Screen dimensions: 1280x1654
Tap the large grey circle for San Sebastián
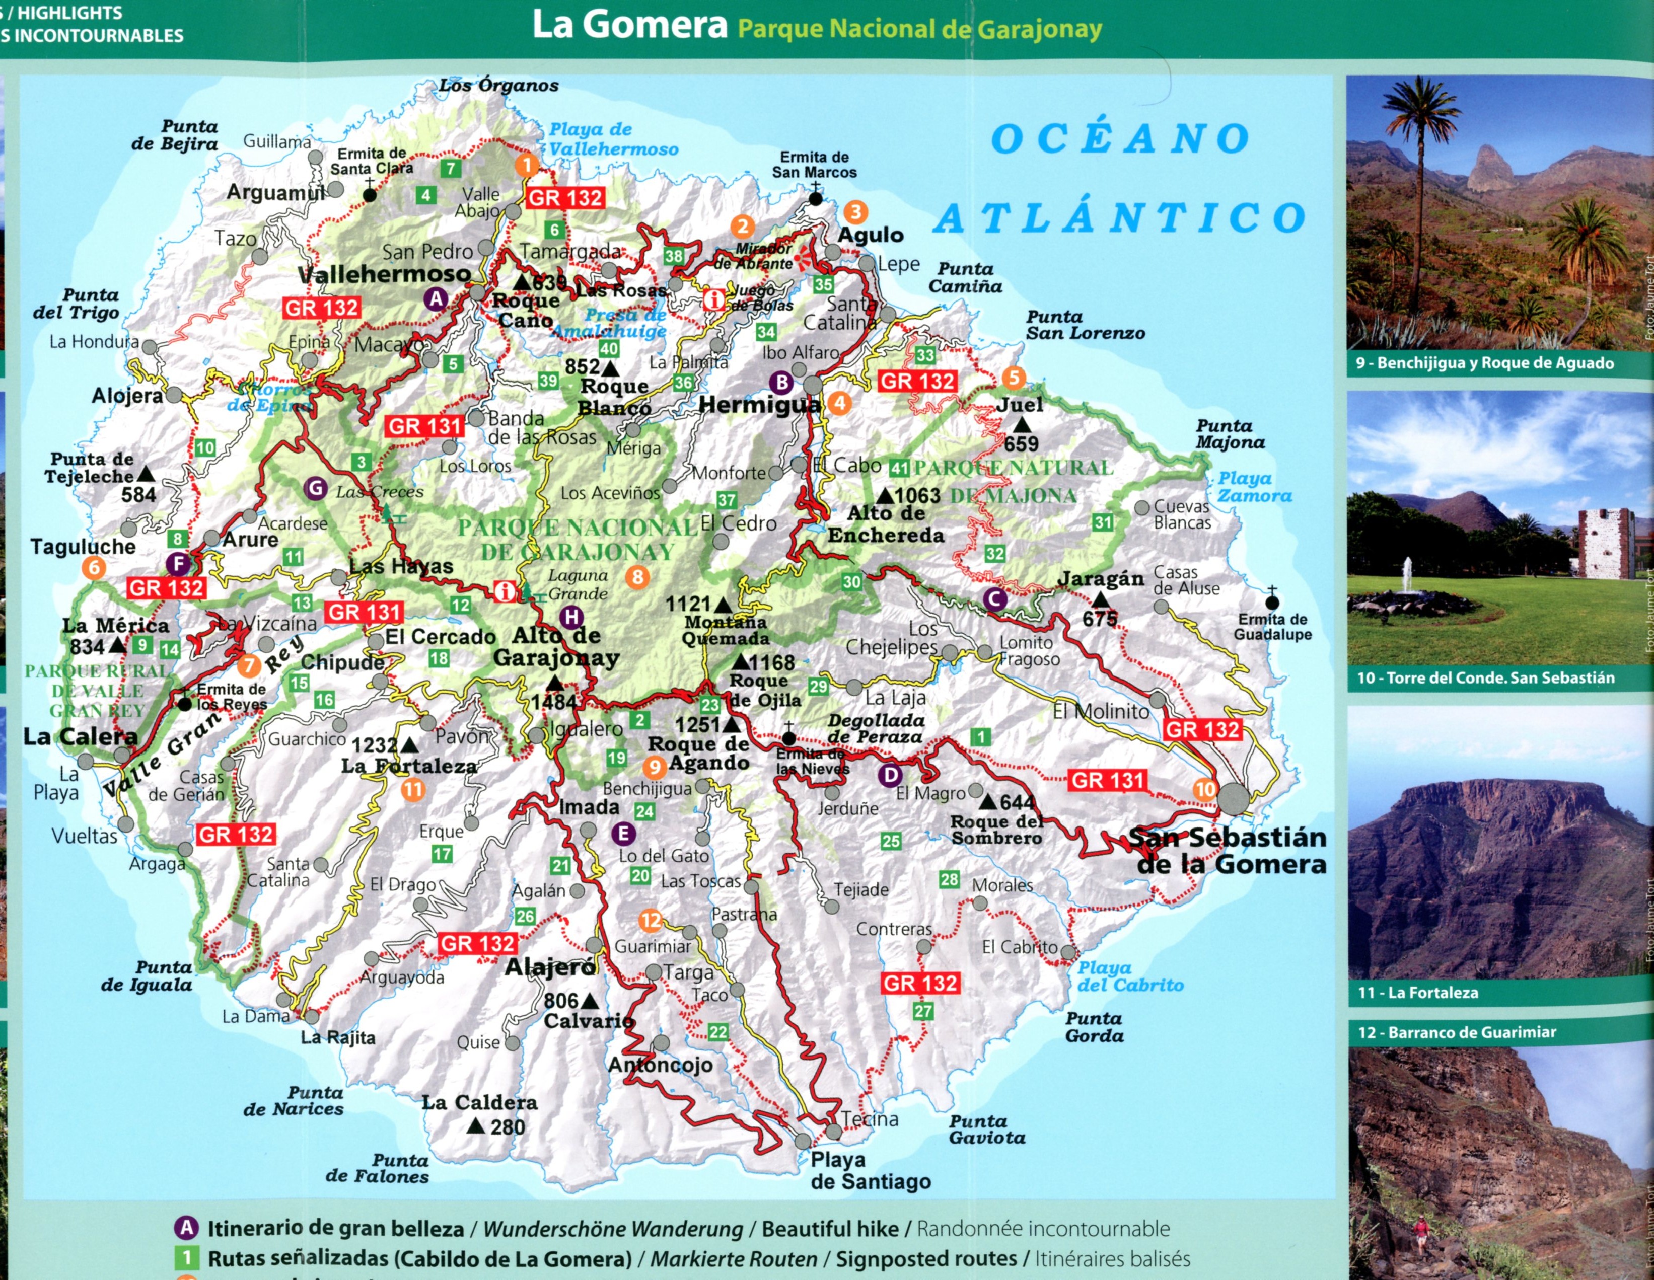pos(1233,799)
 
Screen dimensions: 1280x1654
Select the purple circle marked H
pos(572,617)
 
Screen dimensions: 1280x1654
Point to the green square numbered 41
pos(899,468)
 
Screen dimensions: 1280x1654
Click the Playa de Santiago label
pos(870,1170)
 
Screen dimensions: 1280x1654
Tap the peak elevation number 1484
pos(554,702)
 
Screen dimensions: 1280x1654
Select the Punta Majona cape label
pos(1230,434)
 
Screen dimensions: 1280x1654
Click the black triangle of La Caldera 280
pos(476,1127)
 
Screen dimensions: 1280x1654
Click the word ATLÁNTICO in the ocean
pos(1119,217)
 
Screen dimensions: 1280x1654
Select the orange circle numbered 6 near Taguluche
pos(94,567)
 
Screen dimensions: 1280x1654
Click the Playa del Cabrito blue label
pos(1129,976)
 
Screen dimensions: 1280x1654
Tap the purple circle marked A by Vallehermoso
pos(436,299)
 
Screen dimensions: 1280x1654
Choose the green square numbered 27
pos(922,1011)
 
